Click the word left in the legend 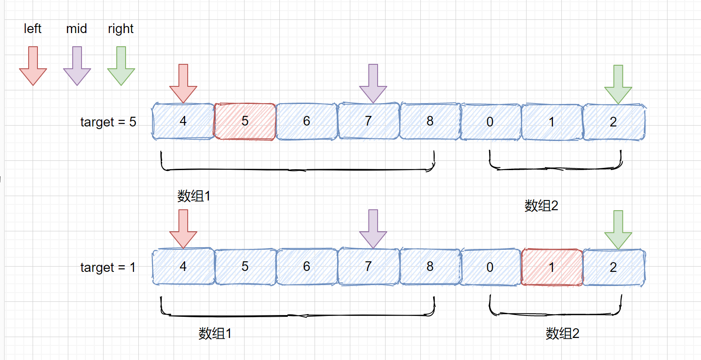pyautogui.click(x=33, y=29)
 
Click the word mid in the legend pyautogui.click(x=77, y=29)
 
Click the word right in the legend pyautogui.click(x=121, y=29)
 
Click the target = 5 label pyautogui.click(x=108, y=122)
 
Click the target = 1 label pyautogui.click(x=108, y=267)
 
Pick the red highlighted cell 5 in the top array pyautogui.click(x=245, y=122)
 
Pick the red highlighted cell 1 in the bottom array pyautogui.click(x=552, y=267)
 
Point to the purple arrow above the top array pyautogui.click(x=373, y=83)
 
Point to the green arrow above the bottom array pyautogui.click(x=618, y=229)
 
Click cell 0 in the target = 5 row pyautogui.click(x=490, y=122)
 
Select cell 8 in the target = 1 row pyautogui.click(x=430, y=267)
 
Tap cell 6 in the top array pyautogui.click(x=307, y=122)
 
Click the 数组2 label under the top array pyautogui.click(x=541, y=206)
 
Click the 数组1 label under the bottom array pyautogui.click(x=215, y=334)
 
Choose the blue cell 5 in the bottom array pyautogui.click(x=245, y=267)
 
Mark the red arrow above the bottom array pyautogui.click(x=183, y=228)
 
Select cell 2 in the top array pyautogui.click(x=614, y=122)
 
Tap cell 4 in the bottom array pyautogui.click(x=183, y=267)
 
